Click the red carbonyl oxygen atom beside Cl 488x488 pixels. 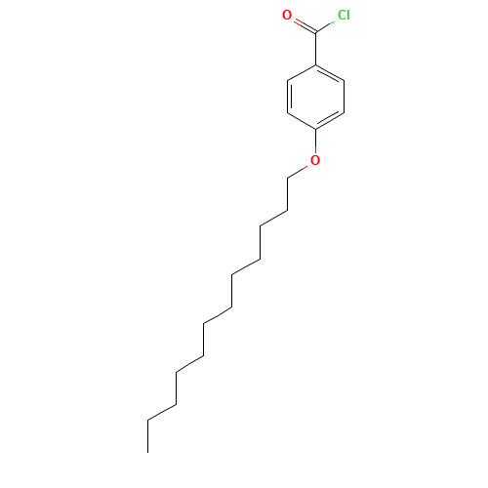coord(286,15)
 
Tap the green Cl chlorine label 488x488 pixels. coord(343,15)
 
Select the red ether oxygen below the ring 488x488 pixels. coord(314,160)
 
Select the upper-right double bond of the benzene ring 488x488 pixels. coord(330,74)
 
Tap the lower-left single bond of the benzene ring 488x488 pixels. coord(302,120)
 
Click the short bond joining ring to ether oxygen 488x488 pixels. coord(314,142)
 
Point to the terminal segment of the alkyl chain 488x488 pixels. coord(162,412)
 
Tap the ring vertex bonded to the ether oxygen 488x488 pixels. coord(314,128)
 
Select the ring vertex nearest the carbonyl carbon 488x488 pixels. coord(314,65)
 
